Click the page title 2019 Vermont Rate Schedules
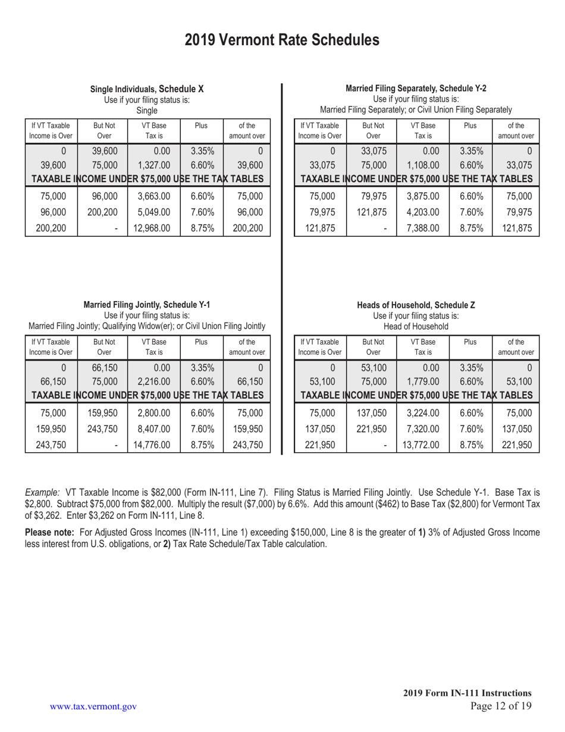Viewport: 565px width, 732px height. pyautogui.click(x=282, y=40)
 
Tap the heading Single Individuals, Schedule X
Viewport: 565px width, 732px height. pyautogui.click(x=147, y=89)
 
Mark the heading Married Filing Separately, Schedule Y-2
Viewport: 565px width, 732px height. pyautogui.click(x=416, y=88)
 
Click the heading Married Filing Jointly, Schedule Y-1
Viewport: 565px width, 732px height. pyautogui.click(x=147, y=305)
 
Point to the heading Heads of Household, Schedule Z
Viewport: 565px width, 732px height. pyautogui.click(x=416, y=305)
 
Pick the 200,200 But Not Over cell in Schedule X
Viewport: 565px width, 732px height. pyautogui.click(x=102, y=211)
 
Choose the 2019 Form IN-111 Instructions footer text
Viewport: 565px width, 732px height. pyautogui.click(x=467, y=693)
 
